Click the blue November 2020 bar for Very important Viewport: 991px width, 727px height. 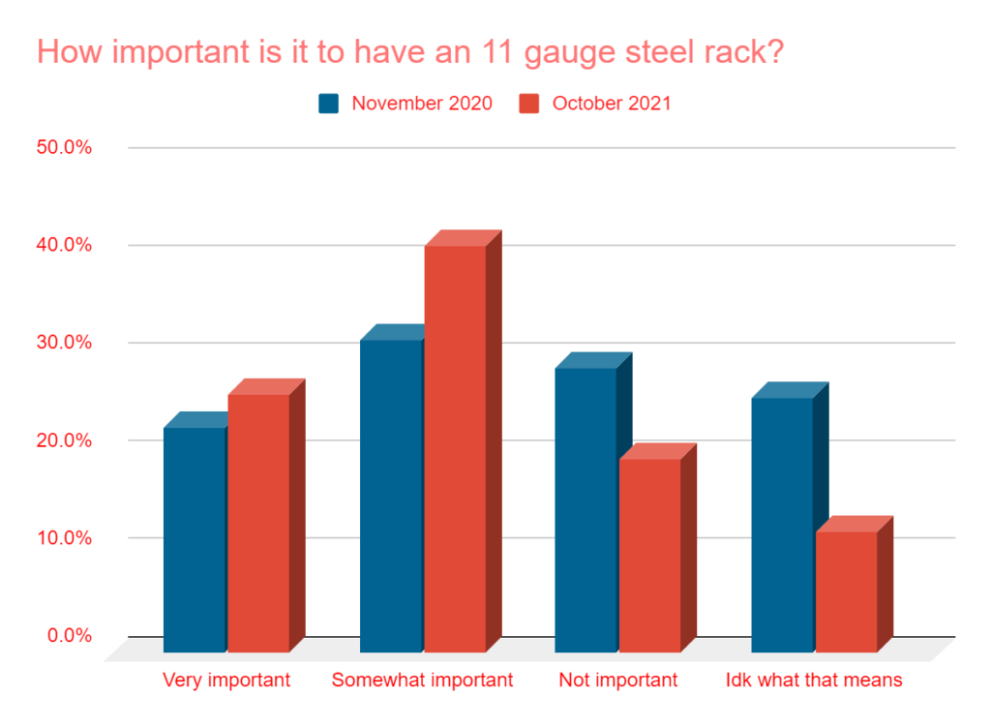pos(195,539)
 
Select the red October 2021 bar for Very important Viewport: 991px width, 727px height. pos(258,523)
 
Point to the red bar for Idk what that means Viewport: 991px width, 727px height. pos(846,591)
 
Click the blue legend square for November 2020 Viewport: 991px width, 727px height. pos(329,104)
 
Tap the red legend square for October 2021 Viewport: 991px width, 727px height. pos(529,104)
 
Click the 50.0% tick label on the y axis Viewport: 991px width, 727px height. pos(65,148)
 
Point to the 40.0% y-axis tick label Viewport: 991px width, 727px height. pos(65,246)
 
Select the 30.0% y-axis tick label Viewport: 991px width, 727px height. pos(65,343)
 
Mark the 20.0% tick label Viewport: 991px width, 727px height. pos(65,440)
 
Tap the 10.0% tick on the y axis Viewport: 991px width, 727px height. pos(65,538)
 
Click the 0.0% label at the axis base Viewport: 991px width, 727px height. pos(70,636)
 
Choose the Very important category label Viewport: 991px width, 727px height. pos(226,681)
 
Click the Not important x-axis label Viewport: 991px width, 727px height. pos(618,681)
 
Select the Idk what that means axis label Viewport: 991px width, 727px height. pos(814,681)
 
